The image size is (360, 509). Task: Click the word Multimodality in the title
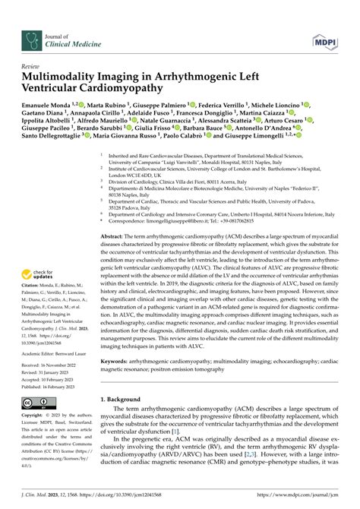click(65, 78)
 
